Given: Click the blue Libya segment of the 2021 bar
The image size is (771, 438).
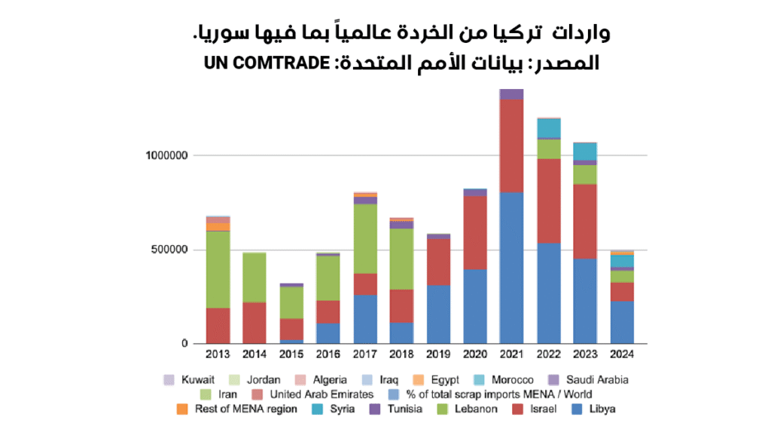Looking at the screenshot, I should click(x=511, y=268).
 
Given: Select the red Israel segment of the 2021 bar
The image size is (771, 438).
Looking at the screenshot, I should click(x=511, y=145).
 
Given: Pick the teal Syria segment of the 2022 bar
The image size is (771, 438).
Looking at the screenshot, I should click(x=548, y=128).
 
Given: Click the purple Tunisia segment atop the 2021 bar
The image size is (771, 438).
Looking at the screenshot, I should click(x=511, y=93).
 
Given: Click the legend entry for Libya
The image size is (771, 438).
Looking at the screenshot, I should click(x=595, y=409).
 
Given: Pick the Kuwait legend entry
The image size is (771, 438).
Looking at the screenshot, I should click(x=190, y=379).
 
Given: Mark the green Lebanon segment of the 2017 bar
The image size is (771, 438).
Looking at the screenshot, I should click(x=364, y=238).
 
